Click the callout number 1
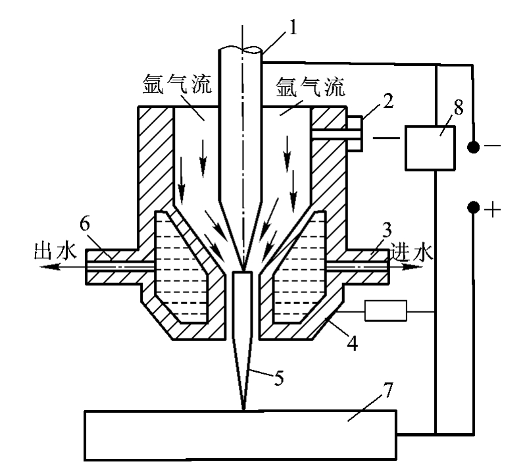pyautogui.click(x=293, y=27)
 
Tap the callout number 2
pyautogui.click(x=388, y=101)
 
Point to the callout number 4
pyautogui.click(x=352, y=343)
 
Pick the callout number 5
pyautogui.click(x=278, y=378)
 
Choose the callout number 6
pyautogui.click(x=85, y=223)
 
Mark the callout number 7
pyautogui.click(x=388, y=390)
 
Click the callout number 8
pyautogui.click(x=459, y=108)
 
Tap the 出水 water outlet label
pyautogui.click(x=55, y=251)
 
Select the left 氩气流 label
pyautogui.click(x=177, y=84)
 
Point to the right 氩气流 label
pyautogui.click(x=311, y=87)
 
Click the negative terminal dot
pyautogui.click(x=473, y=147)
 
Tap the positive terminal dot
pyautogui.click(x=473, y=207)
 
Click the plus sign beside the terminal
pyautogui.click(x=492, y=210)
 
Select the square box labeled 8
pyautogui.click(x=430, y=148)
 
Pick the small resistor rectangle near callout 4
pyautogui.click(x=386, y=311)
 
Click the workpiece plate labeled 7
pyautogui.click(x=240, y=435)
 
